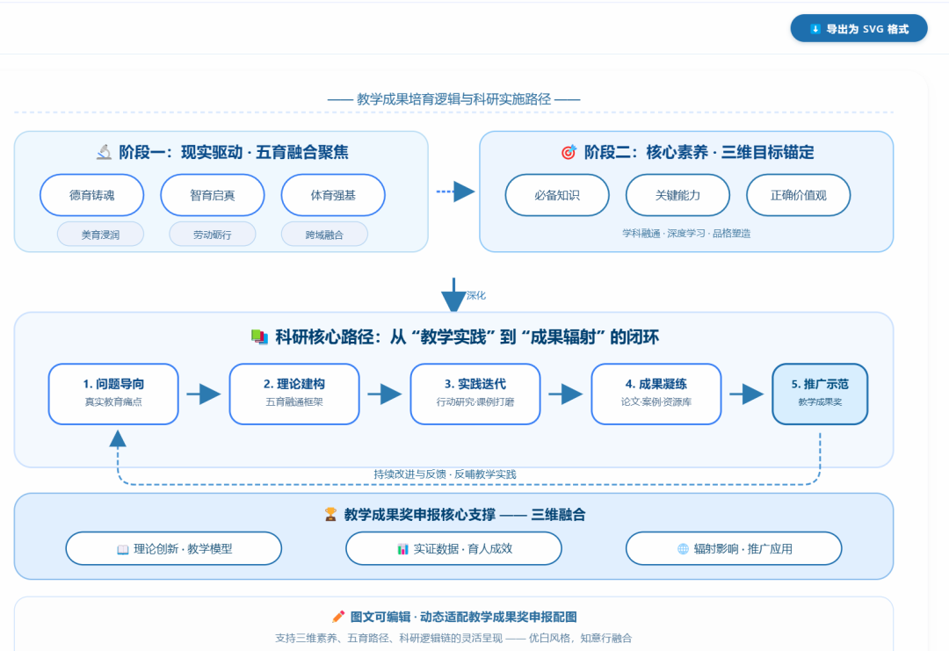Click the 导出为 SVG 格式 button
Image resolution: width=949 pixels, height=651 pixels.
[x=858, y=28]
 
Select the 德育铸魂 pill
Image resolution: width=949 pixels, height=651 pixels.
[x=91, y=195]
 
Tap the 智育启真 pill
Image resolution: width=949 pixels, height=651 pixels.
[x=212, y=195]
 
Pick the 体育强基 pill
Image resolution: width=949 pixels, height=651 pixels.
[x=333, y=195]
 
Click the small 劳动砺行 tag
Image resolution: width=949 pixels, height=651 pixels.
[x=212, y=235]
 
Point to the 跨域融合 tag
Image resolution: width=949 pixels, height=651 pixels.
[x=324, y=235]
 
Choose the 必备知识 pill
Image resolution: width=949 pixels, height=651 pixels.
[x=557, y=195]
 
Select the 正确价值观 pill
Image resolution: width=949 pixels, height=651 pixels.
[x=798, y=195]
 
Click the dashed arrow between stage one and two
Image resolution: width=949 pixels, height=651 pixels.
[x=455, y=192]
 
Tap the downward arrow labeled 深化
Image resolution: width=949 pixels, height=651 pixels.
[x=453, y=296]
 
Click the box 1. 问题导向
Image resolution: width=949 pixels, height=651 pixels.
[x=113, y=394]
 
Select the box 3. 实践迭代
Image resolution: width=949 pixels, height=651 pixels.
[x=474, y=394]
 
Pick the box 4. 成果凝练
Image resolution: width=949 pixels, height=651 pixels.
[x=656, y=394]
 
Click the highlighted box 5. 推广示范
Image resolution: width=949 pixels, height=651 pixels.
[x=819, y=394]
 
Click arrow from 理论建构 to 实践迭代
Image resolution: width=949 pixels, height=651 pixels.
[x=384, y=394]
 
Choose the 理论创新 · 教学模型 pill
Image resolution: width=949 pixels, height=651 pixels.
[x=173, y=548]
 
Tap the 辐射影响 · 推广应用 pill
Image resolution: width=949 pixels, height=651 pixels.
[x=733, y=548]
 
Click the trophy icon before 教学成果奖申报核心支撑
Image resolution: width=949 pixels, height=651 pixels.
[x=330, y=515]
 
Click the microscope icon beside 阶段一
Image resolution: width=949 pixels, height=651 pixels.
[x=105, y=152]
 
